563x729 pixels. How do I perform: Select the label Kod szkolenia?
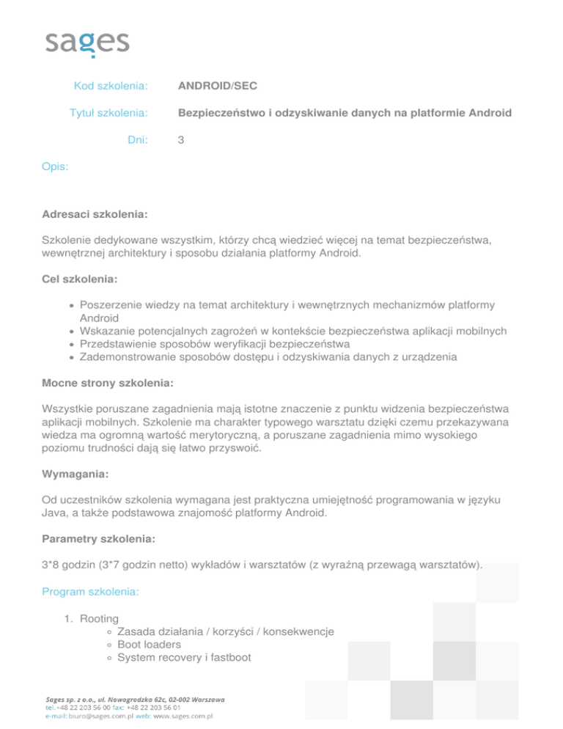[111, 87]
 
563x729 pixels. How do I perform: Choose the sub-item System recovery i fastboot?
[184, 658]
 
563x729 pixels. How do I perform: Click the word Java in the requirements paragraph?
[56, 513]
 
